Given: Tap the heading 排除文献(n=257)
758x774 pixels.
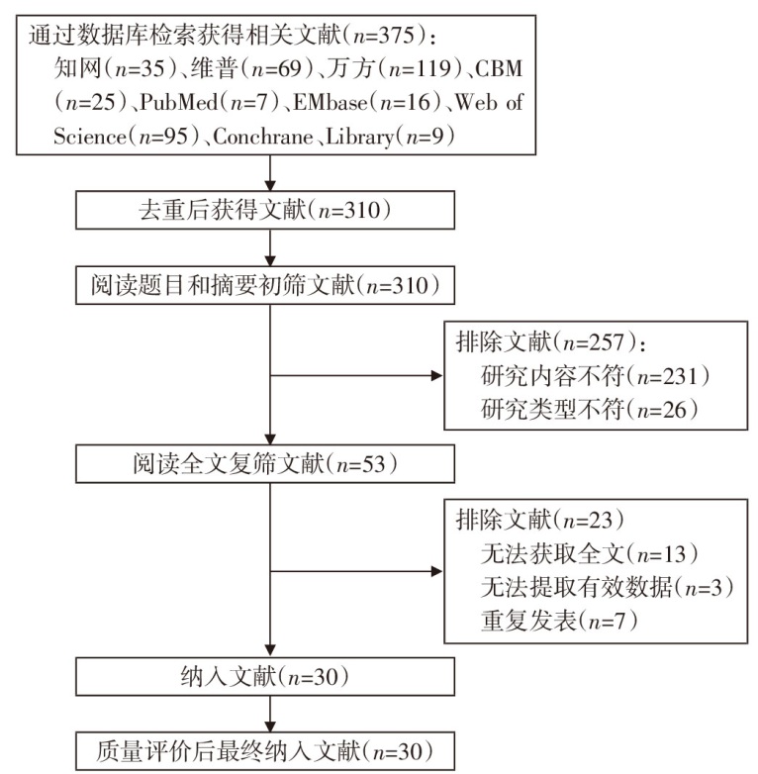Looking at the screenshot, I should [x=550, y=343].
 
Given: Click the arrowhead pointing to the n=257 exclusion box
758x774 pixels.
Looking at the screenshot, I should [x=436, y=376].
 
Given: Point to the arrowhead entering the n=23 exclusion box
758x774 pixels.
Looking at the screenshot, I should [x=436, y=571].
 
